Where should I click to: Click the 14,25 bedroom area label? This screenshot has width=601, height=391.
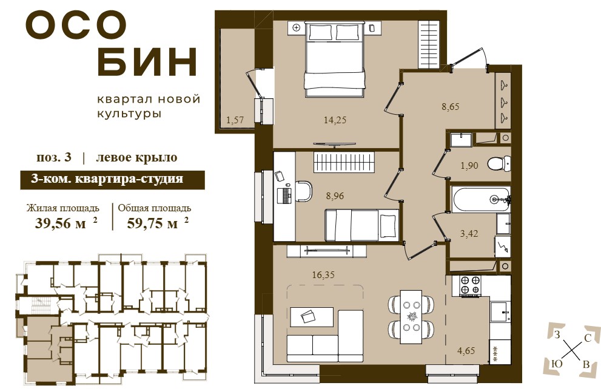[x=335, y=120]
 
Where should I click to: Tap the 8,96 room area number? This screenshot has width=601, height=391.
[x=335, y=196]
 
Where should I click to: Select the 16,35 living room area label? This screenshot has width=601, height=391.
[x=323, y=275]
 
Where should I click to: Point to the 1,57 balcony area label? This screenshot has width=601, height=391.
[x=235, y=120]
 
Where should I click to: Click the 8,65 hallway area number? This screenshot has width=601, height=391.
[x=451, y=107]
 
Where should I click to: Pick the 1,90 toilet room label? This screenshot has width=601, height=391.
[x=469, y=166]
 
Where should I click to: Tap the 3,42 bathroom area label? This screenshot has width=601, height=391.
[x=469, y=233]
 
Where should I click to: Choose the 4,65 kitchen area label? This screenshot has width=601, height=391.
[x=466, y=350]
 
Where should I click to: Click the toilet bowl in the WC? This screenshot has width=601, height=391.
[x=499, y=164]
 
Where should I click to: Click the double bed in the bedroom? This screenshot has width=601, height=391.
[x=334, y=59]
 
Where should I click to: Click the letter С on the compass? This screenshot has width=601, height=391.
[x=586, y=338]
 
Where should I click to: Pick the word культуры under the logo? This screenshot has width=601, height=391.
[x=129, y=114]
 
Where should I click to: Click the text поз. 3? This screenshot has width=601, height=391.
[x=53, y=157]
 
